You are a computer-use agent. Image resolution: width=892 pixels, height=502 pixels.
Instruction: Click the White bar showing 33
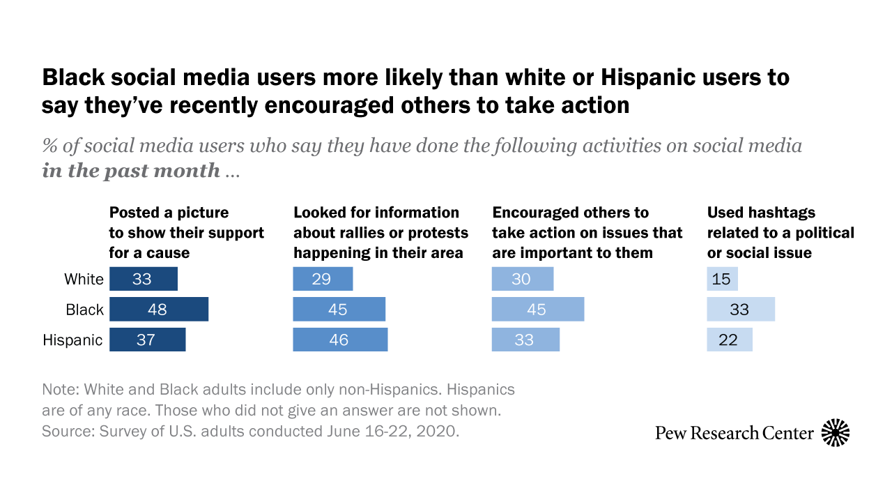(x=144, y=279)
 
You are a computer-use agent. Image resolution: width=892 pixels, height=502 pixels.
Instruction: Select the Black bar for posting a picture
(x=159, y=310)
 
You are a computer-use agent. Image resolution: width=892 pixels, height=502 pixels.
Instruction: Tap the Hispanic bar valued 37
(x=148, y=340)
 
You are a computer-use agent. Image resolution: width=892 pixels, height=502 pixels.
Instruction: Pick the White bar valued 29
(x=323, y=279)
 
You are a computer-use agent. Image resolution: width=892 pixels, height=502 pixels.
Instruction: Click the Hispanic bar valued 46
(x=340, y=340)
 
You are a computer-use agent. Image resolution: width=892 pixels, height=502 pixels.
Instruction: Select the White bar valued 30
(x=523, y=279)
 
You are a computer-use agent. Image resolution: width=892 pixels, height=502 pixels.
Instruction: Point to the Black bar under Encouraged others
(x=538, y=310)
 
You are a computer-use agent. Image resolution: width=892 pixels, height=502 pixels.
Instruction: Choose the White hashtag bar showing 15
(x=723, y=279)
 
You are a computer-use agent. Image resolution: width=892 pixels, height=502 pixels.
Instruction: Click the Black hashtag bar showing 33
(x=741, y=310)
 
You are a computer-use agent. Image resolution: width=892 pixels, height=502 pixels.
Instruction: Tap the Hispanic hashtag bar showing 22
(x=730, y=340)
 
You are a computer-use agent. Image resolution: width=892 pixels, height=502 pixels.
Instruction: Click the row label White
(x=84, y=280)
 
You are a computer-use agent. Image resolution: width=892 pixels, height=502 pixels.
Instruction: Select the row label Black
(x=84, y=310)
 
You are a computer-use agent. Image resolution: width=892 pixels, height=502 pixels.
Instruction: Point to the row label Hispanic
(x=72, y=340)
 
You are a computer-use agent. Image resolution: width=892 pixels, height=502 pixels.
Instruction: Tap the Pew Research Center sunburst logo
(x=836, y=433)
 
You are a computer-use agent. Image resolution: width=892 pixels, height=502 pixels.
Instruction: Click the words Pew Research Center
(x=735, y=433)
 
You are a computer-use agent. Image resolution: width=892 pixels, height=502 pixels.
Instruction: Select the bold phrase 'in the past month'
(x=131, y=171)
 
